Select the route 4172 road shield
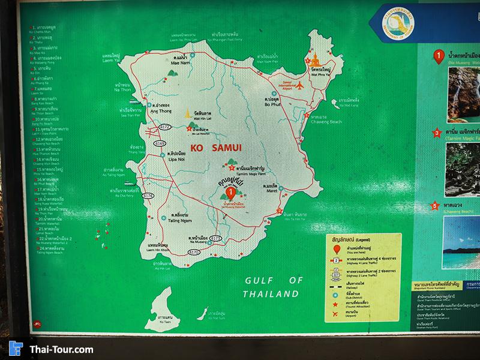click(166, 127)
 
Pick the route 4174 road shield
click(148, 196)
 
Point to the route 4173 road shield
click(216, 238)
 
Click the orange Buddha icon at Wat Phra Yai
click(316, 60)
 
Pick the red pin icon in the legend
click(337, 249)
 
